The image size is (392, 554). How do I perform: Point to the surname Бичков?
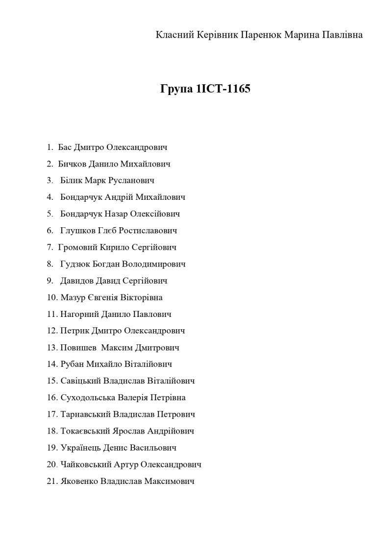pos(72,164)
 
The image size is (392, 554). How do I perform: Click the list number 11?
pos(52,314)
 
